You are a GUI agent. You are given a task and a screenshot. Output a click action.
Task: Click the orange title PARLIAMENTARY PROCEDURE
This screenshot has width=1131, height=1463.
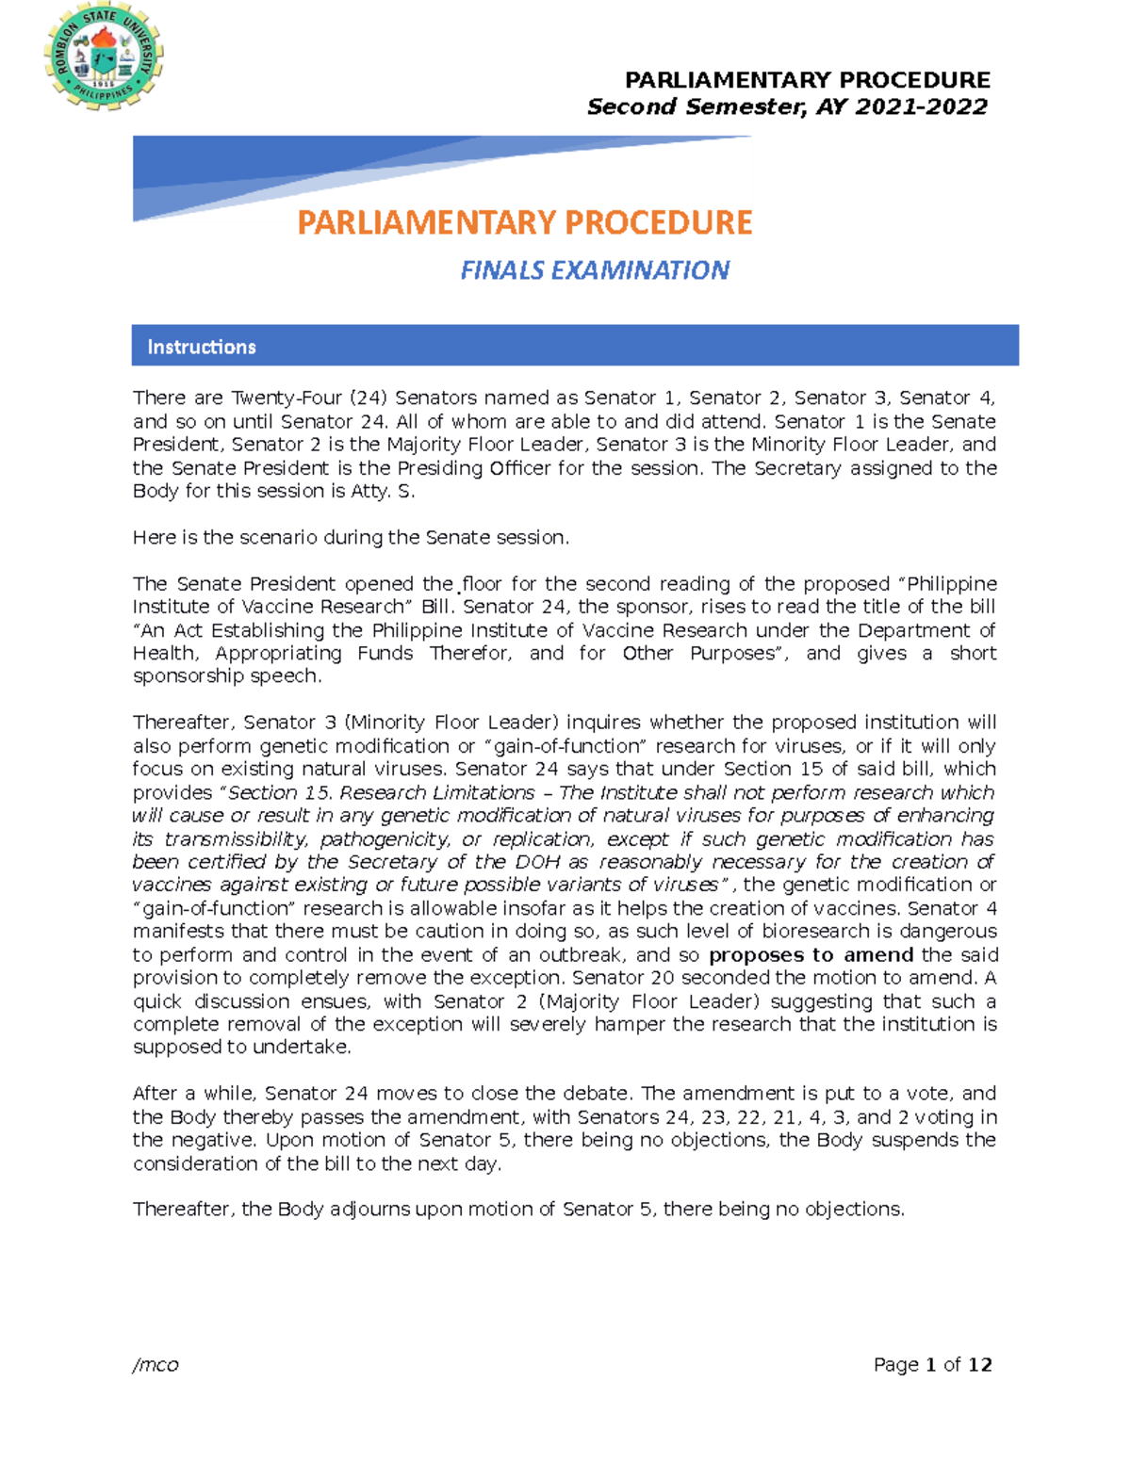pyautogui.click(x=525, y=222)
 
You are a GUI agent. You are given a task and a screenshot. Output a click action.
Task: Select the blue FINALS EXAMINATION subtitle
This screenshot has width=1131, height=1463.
pyautogui.click(x=595, y=270)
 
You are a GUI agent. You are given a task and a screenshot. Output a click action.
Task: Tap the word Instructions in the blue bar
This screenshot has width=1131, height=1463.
pyautogui.click(x=202, y=347)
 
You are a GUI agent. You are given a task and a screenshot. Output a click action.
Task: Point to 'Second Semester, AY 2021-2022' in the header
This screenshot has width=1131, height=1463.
pyautogui.click(x=787, y=106)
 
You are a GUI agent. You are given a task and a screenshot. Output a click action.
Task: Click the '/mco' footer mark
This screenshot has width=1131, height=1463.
pyautogui.click(x=156, y=1364)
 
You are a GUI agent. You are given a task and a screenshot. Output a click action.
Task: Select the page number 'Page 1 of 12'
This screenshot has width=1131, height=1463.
pyautogui.click(x=932, y=1364)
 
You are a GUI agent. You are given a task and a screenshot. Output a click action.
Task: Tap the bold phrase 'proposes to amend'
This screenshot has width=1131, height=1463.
pyautogui.click(x=811, y=954)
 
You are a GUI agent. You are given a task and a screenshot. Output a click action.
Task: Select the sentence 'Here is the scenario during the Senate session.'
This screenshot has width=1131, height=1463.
pyautogui.click(x=351, y=538)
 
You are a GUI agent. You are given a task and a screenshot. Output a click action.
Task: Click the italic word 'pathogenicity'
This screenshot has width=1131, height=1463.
pyautogui.click(x=384, y=838)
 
